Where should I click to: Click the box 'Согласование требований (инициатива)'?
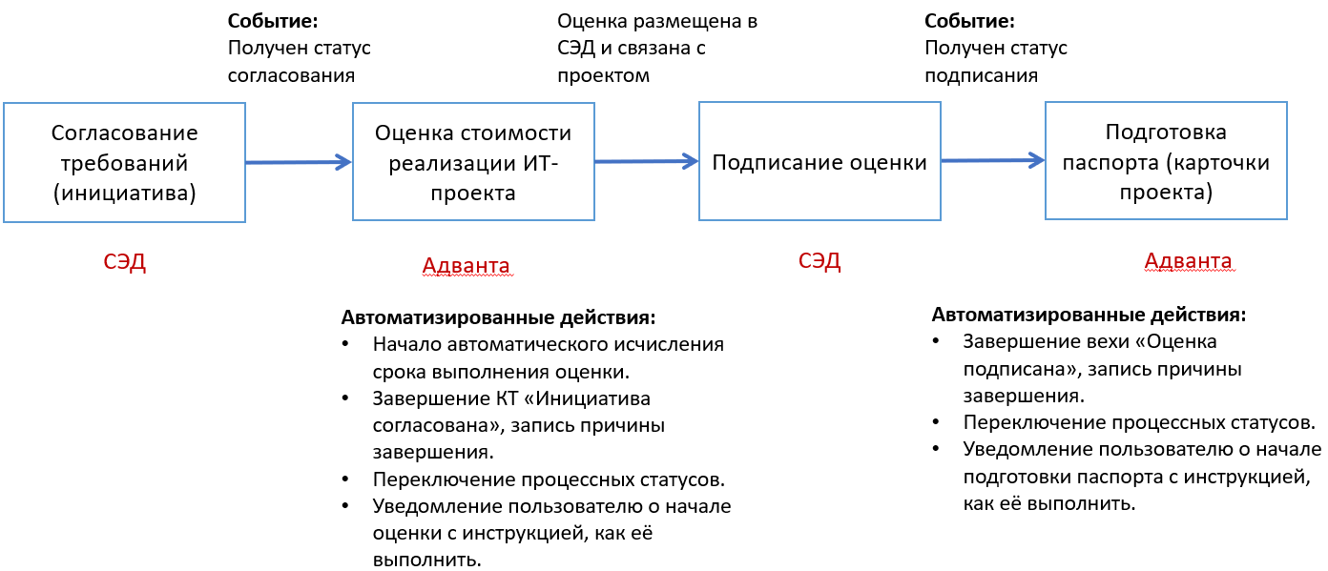point(124,163)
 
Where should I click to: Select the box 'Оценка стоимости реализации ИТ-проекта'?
point(472,163)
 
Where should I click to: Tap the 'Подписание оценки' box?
point(820,162)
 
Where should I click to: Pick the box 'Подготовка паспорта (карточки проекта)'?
point(1166,162)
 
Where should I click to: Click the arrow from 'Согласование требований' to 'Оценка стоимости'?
point(299,163)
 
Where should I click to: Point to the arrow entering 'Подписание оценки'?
point(646,162)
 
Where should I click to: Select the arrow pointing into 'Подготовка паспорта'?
point(992,161)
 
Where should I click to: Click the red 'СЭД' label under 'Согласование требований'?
point(124,262)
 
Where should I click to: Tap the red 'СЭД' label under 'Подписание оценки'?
point(820,260)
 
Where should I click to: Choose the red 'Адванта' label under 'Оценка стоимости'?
point(466,265)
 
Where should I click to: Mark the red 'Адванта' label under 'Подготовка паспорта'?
point(1188,261)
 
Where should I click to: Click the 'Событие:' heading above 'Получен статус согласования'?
point(273,20)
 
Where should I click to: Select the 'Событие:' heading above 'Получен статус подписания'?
point(969,20)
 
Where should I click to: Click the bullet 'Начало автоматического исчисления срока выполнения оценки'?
point(549,357)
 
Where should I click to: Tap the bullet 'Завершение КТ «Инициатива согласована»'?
point(520,425)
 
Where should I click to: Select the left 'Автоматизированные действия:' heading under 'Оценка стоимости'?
point(498,316)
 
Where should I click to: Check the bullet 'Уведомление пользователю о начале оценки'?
point(551,532)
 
